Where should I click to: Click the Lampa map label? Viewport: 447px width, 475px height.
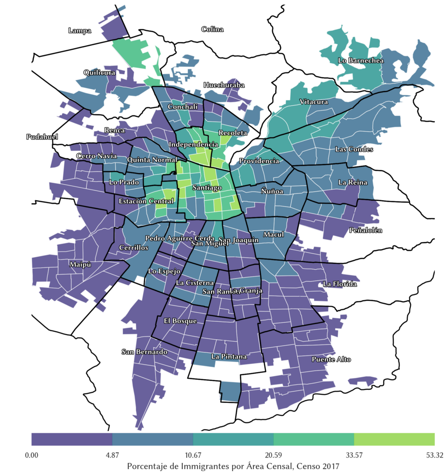tap(80, 31)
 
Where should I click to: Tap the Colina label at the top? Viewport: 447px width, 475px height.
tap(212, 29)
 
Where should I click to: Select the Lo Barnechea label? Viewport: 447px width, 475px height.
tap(361, 61)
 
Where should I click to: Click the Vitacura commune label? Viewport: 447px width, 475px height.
tap(313, 102)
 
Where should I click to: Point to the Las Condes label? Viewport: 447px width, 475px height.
tap(354, 149)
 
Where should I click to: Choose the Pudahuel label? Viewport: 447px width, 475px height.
tap(42, 137)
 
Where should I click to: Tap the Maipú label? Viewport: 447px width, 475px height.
tap(80, 265)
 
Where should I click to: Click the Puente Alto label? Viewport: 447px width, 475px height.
tap(331, 359)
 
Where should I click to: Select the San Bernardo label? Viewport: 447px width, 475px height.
tap(144, 352)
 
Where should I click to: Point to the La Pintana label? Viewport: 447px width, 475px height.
tap(229, 357)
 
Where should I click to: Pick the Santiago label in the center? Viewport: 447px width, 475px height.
tap(206, 187)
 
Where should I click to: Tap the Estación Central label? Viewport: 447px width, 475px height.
tap(146, 201)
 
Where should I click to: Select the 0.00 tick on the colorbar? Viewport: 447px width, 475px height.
tap(32, 455)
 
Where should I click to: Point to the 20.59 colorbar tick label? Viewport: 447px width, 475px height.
tap(273, 455)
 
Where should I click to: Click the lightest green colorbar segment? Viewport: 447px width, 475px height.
tap(394, 439)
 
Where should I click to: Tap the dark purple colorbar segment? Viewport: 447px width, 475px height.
tap(72, 439)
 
